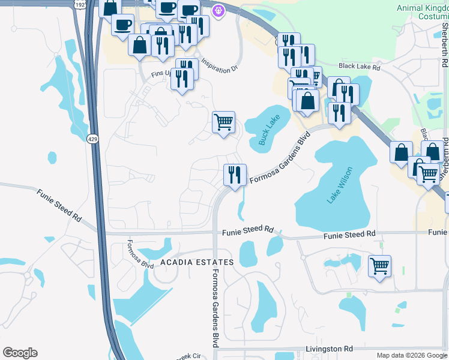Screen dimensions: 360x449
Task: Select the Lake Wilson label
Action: click(x=340, y=186)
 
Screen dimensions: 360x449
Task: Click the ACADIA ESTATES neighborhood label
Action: click(x=196, y=262)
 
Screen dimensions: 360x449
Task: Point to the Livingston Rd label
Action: click(x=328, y=349)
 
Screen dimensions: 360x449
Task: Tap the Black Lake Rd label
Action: click(x=360, y=68)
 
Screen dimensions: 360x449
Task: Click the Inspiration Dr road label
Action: click(x=219, y=66)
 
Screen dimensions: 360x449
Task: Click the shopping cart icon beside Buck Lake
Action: click(x=223, y=122)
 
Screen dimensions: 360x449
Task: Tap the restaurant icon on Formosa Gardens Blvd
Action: click(x=235, y=175)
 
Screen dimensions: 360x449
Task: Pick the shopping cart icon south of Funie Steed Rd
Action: click(x=379, y=265)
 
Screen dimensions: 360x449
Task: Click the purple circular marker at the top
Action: click(x=218, y=10)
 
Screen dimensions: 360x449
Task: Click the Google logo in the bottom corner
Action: click(x=20, y=353)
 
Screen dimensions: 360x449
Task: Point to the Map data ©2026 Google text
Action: click(x=411, y=355)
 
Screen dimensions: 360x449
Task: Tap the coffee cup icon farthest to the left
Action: click(x=122, y=25)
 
